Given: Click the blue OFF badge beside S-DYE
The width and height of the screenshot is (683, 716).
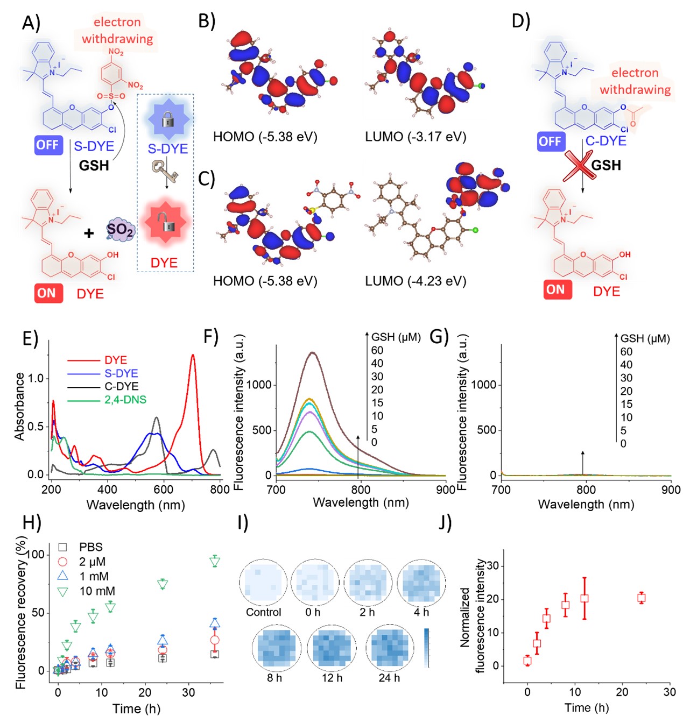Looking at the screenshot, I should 48,145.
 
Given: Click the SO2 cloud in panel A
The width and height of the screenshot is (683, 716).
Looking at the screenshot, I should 119,230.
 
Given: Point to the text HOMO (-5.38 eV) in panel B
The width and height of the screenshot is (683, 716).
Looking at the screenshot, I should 265,137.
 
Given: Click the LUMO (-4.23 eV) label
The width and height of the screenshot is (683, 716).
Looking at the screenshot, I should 416,281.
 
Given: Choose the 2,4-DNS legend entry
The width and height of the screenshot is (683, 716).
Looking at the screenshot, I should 125,400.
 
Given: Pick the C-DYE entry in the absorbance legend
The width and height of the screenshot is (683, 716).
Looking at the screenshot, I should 121,386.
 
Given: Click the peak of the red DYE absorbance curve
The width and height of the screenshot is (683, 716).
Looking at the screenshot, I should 193,355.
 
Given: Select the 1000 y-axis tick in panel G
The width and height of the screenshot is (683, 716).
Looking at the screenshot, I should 484,385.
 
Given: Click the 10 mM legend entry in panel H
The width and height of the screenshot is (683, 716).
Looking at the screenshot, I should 97,591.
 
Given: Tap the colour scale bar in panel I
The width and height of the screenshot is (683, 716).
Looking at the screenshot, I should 426,648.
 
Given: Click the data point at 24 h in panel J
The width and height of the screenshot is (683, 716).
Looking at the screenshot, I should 641,598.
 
